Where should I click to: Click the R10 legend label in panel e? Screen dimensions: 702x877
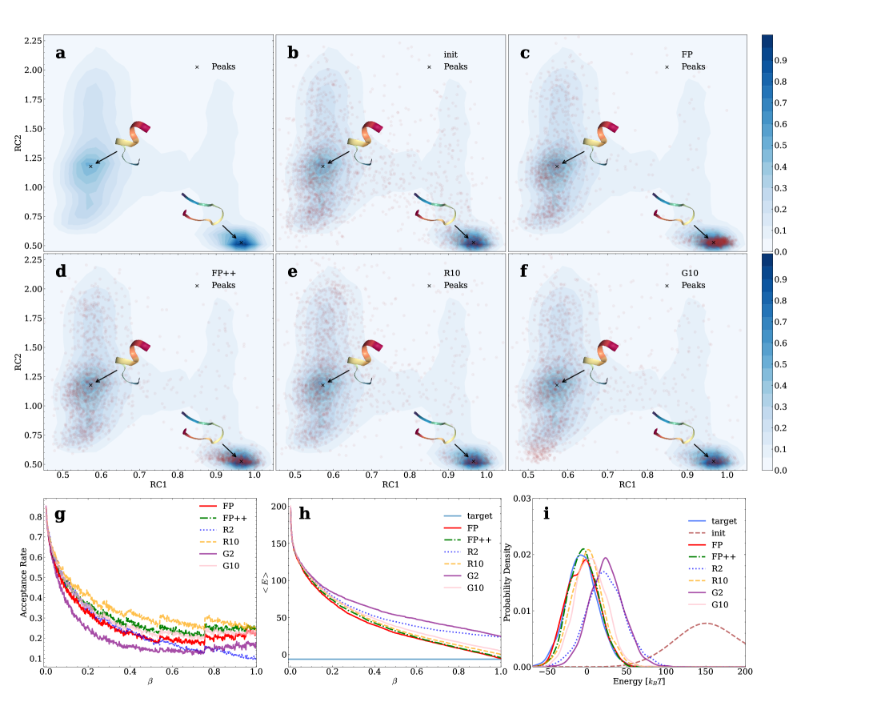(453, 273)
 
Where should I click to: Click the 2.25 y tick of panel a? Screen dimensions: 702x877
(32, 40)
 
